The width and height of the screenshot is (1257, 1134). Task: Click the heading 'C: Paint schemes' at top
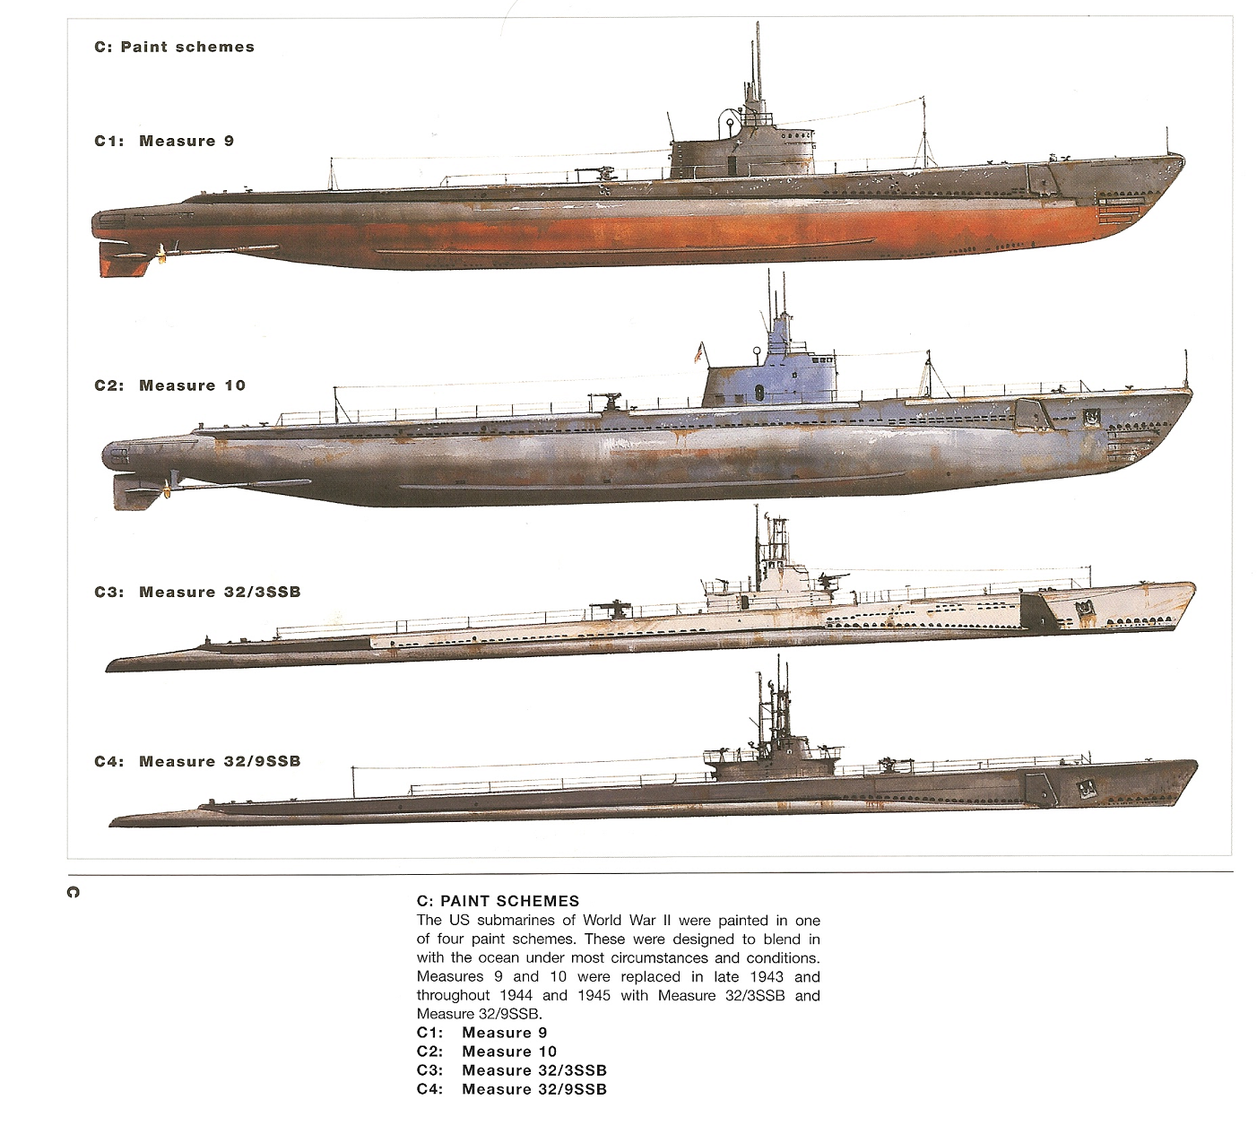[174, 47]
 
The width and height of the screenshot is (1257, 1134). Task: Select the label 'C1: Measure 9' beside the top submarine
[164, 141]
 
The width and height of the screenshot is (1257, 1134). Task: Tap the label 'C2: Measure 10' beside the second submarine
[169, 385]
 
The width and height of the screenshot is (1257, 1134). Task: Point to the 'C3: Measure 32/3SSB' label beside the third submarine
[197, 592]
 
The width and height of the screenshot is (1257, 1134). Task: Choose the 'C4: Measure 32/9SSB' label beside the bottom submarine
[197, 761]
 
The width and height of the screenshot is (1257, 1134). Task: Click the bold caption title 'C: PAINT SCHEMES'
[498, 901]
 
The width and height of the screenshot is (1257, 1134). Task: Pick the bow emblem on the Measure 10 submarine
[1090, 418]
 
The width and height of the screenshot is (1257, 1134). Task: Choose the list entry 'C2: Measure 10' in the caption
[487, 1052]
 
